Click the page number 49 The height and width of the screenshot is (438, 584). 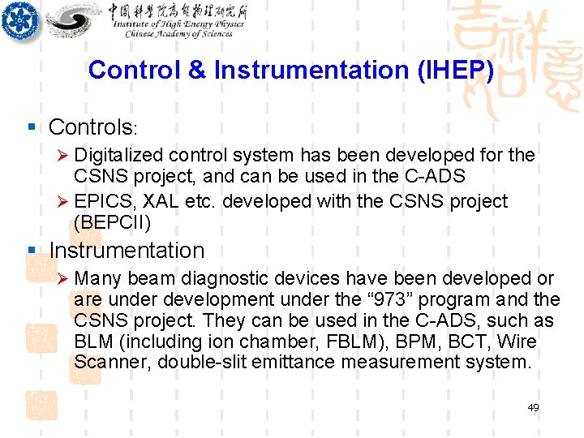(532, 407)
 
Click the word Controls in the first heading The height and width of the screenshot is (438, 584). (90, 127)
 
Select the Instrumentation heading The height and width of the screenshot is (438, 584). (127, 251)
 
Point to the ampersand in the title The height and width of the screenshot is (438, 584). (197, 71)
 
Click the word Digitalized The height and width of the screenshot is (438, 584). (118, 155)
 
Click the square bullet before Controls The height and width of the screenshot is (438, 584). (31, 127)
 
